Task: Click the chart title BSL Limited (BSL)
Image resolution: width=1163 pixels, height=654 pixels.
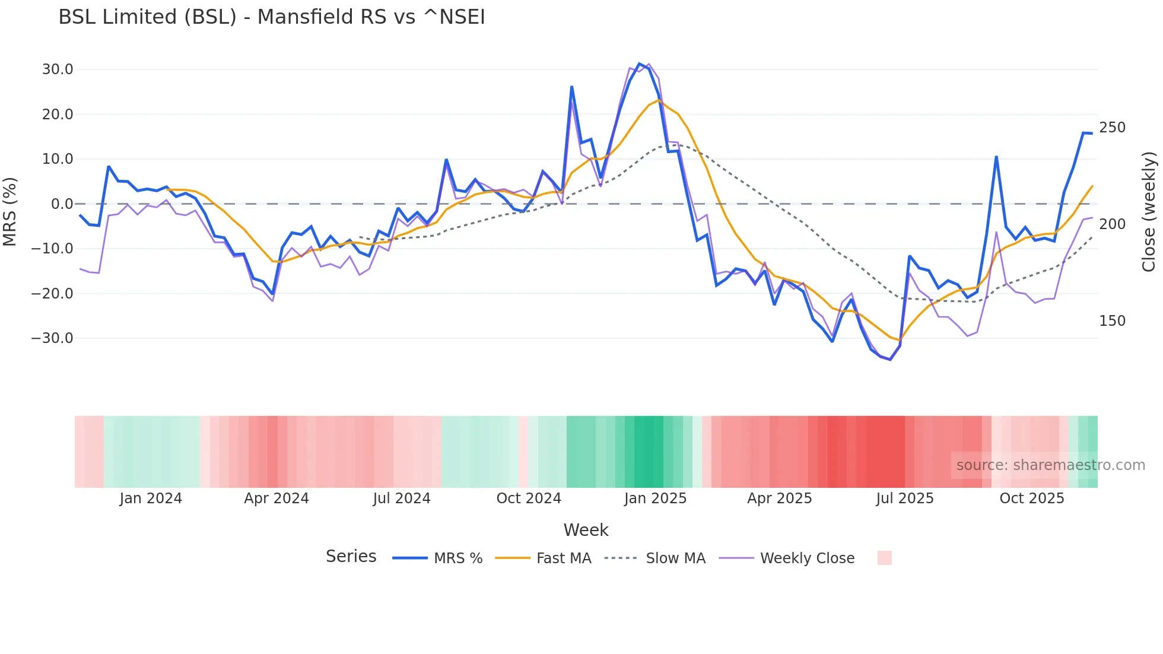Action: pyautogui.click(x=271, y=17)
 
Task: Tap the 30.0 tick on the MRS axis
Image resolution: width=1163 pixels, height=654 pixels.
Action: pyautogui.click(x=58, y=69)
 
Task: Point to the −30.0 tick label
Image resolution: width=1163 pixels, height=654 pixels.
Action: pyautogui.click(x=52, y=338)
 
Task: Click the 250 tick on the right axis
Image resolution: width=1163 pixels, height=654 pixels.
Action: pyautogui.click(x=1112, y=128)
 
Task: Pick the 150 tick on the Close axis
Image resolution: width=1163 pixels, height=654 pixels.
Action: pyautogui.click(x=1112, y=321)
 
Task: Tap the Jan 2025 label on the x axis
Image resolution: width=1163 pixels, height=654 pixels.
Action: pyautogui.click(x=655, y=499)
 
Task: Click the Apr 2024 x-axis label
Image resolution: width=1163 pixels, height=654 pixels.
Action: pyautogui.click(x=277, y=499)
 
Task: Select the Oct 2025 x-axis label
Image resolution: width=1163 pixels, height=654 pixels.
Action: pyautogui.click(x=1032, y=499)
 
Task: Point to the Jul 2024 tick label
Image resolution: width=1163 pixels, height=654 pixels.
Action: pyautogui.click(x=402, y=499)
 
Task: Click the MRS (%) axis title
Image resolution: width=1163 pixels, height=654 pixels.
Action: pyautogui.click(x=10, y=211)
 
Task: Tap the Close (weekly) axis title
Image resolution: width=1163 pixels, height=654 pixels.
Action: pyautogui.click(x=1149, y=212)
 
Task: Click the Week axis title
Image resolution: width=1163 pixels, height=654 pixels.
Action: pyautogui.click(x=586, y=530)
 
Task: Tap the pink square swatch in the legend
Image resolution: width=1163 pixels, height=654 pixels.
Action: pyautogui.click(x=884, y=558)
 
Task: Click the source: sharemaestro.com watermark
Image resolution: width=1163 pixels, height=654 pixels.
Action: pyautogui.click(x=1050, y=465)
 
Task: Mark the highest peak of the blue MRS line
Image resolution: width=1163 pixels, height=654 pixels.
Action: pyautogui.click(x=640, y=64)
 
